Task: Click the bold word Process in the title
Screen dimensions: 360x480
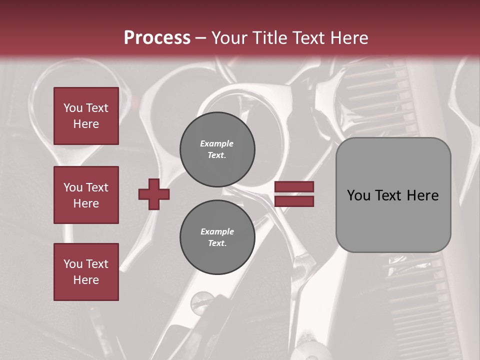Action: (157, 37)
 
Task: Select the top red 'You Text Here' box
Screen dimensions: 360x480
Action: (86, 116)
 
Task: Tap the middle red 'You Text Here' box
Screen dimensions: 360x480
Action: (86, 195)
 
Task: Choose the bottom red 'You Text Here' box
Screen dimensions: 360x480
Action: (86, 272)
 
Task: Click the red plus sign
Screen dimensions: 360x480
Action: (154, 194)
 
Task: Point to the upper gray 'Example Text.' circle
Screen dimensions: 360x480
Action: (217, 149)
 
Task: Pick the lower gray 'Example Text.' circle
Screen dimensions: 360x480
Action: (217, 237)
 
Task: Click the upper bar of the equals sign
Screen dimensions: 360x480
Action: (294, 186)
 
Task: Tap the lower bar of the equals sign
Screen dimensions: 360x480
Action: (294, 201)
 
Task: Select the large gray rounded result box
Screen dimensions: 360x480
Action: (393, 195)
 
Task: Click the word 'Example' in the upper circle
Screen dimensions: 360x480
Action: (217, 143)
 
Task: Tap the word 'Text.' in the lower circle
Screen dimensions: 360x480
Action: (217, 243)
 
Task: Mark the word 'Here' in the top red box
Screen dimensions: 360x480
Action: (86, 124)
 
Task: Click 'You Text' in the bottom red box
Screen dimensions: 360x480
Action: (86, 264)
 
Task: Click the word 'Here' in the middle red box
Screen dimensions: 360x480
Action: (86, 203)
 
